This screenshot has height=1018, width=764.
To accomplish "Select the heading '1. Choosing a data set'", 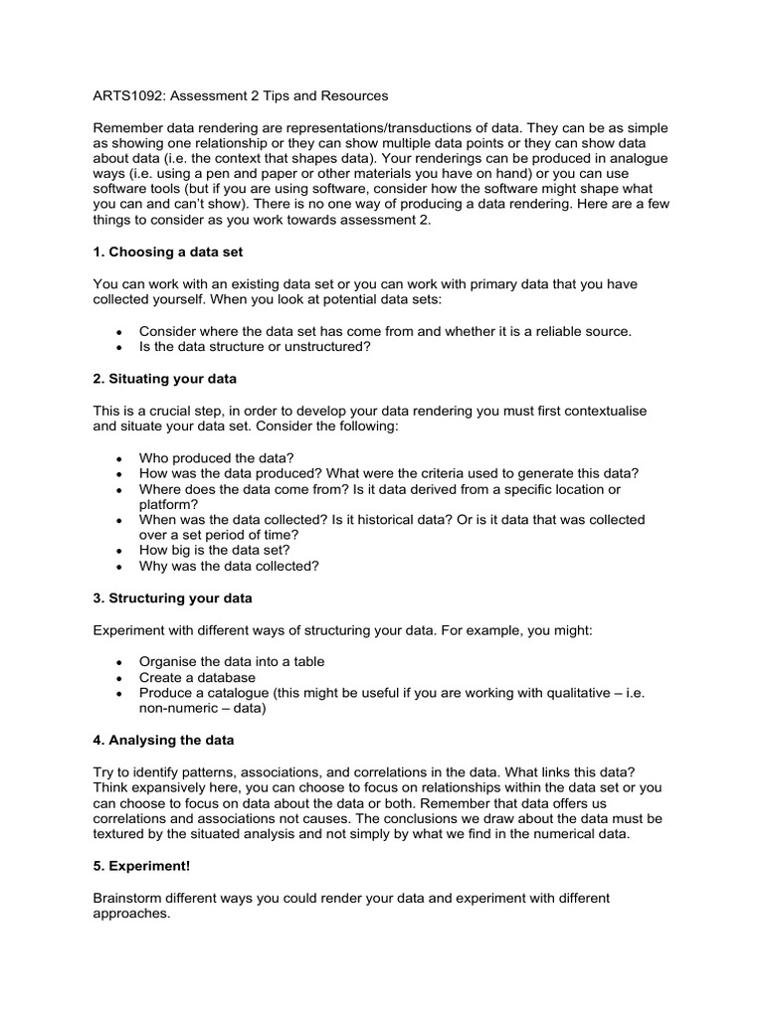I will (x=168, y=253).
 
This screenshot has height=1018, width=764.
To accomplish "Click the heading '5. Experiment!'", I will (x=141, y=866).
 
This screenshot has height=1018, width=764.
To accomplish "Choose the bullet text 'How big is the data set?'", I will (x=216, y=551).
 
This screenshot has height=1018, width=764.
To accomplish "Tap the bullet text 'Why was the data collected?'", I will (x=229, y=567).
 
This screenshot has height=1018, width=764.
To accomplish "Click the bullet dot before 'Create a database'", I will (x=119, y=678).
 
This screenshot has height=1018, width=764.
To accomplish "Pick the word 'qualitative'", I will (x=567, y=693).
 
